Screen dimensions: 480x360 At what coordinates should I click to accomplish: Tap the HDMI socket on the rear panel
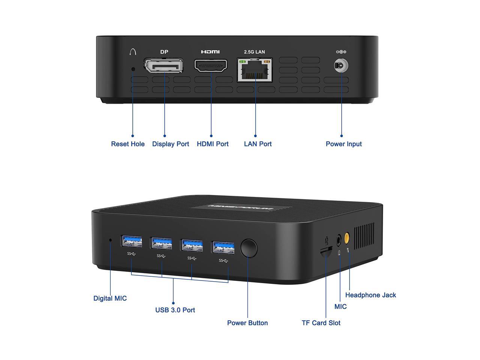pyautogui.click(x=211, y=66)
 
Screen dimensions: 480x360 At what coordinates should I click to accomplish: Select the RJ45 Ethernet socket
pyautogui.click(x=255, y=70)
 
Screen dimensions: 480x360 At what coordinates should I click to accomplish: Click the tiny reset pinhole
pyautogui.click(x=133, y=69)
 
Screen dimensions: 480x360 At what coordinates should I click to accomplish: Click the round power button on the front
pyautogui.click(x=249, y=248)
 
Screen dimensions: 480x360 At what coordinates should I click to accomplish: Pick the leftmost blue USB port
pyautogui.click(x=131, y=242)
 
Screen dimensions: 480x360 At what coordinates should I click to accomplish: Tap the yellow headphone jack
pyautogui.click(x=347, y=237)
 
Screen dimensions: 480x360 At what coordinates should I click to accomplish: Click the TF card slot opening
pyautogui.click(x=326, y=251)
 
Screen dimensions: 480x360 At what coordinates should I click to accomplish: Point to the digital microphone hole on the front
pyautogui.click(x=110, y=240)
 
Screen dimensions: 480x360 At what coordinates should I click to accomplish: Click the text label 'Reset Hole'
pyautogui.click(x=128, y=144)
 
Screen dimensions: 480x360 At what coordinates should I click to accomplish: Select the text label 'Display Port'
pyautogui.click(x=171, y=144)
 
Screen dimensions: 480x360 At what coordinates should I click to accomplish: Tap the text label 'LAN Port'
pyautogui.click(x=258, y=144)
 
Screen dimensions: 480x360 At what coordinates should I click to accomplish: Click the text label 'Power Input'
pyautogui.click(x=343, y=144)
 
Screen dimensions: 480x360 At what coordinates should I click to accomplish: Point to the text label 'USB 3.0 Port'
pyautogui.click(x=175, y=310)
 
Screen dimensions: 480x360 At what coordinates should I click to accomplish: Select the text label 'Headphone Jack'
pyautogui.click(x=370, y=295)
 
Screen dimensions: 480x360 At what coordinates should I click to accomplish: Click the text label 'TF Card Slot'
pyautogui.click(x=321, y=323)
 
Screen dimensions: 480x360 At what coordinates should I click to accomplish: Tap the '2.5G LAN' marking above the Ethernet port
pyautogui.click(x=254, y=52)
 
